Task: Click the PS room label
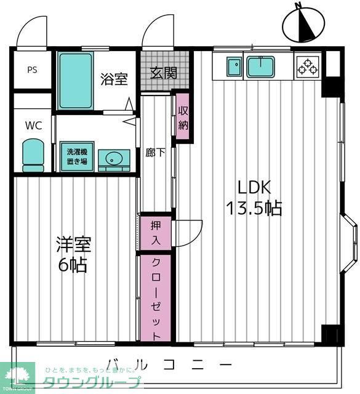[32, 70]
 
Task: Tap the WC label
[33, 126]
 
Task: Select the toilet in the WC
[33, 156]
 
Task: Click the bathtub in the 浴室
[76, 81]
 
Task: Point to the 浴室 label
[114, 79]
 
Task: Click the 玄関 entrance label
[164, 73]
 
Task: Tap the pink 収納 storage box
[183, 116]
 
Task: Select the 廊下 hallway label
[156, 153]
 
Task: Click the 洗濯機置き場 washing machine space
[77, 156]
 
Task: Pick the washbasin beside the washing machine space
[114, 160]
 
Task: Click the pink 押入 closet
[156, 233]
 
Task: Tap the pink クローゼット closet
[156, 298]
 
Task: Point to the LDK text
[254, 187]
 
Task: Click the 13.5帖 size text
[254, 208]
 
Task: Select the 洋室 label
[74, 244]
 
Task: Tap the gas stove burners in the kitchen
[308, 66]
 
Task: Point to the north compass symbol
[303, 25]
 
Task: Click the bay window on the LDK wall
[350, 243]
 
